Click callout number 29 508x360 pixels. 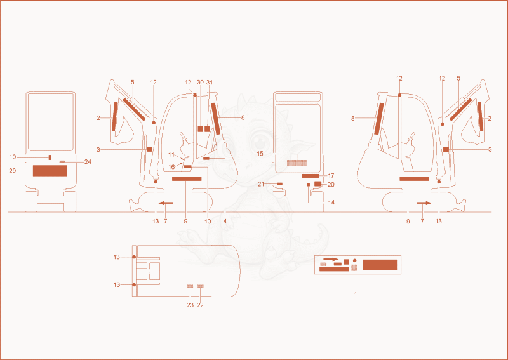[x=12, y=171]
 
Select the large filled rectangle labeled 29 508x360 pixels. [x=50, y=171]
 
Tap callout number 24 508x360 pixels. [x=88, y=162]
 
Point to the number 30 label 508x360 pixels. [x=201, y=83]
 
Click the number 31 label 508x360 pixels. [x=210, y=83]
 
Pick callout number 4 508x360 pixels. [x=225, y=222]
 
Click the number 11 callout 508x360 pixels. [x=171, y=154]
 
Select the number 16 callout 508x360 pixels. [x=171, y=167]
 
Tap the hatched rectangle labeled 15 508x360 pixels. [x=297, y=163]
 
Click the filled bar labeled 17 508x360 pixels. [x=310, y=176]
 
